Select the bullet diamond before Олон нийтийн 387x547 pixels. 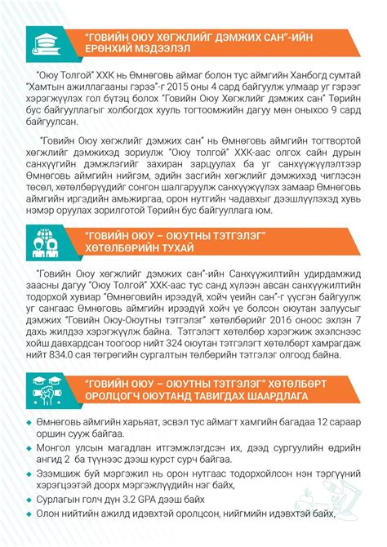pos(30,514)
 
